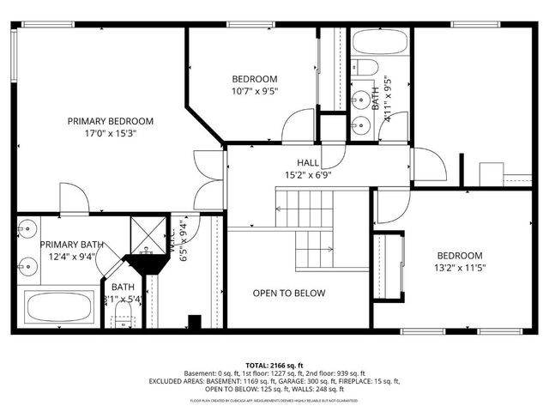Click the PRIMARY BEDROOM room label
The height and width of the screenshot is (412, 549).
point(111,121)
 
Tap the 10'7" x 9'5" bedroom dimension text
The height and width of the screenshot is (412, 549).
point(254,90)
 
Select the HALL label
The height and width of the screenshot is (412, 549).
point(308,162)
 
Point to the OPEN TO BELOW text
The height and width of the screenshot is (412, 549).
point(289,294)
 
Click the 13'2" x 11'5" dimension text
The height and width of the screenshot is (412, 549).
point(460,268)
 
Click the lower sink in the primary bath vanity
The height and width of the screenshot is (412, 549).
point(28,264)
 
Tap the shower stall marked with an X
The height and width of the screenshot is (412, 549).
point(142,233)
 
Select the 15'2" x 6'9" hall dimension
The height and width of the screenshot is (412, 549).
point(308,174)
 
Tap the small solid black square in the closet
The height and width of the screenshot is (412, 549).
point(195,322)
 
